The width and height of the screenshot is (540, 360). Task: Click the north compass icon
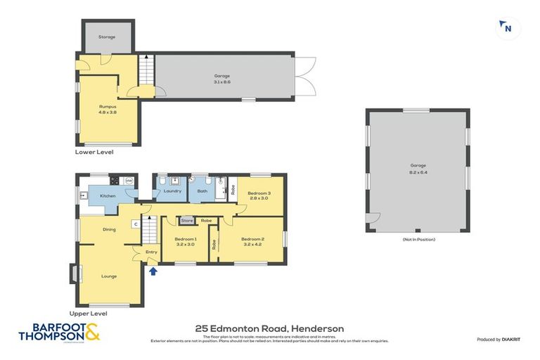504,27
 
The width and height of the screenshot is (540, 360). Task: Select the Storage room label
106,37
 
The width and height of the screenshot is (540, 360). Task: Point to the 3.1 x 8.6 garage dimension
222,82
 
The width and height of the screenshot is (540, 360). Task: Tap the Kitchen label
108,196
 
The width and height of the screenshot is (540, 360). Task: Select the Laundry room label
173,191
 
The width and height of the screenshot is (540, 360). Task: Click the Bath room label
202,191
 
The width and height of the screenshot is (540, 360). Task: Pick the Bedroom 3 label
259,193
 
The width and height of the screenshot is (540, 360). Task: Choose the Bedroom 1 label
186,239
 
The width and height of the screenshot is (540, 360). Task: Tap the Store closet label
187,221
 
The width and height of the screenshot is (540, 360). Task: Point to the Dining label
109,229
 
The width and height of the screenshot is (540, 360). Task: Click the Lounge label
109,276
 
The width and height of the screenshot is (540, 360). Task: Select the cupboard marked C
134,224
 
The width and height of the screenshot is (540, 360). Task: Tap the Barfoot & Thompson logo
59,332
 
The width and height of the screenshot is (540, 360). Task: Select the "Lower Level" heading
94,152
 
